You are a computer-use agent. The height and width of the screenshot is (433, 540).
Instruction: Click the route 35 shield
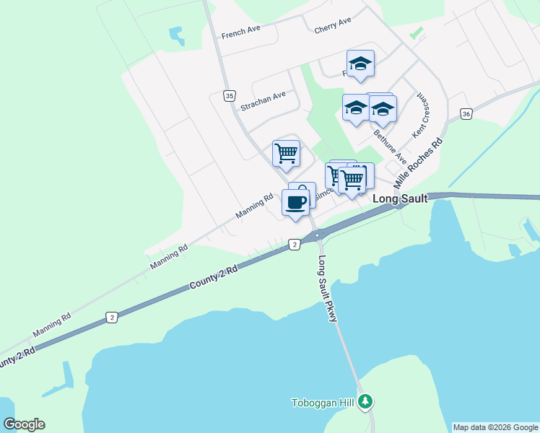pos(230,95)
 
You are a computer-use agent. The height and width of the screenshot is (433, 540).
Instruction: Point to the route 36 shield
pos(466,114)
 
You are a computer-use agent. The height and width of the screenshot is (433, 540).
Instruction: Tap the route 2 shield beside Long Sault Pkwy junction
pos(295,245)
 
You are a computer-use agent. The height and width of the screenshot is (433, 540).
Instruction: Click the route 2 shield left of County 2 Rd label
pos(111,317)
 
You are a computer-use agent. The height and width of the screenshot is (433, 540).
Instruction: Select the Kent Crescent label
pos(420,116)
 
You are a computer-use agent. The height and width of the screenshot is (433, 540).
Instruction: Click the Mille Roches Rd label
pos(418,163)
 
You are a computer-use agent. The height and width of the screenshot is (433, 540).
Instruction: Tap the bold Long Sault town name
pos(401,198)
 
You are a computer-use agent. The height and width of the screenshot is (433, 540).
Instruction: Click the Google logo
pos(24,424)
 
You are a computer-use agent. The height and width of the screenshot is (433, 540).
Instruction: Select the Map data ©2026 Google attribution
pos(495,427)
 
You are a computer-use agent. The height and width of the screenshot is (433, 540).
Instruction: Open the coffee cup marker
pos(295,202)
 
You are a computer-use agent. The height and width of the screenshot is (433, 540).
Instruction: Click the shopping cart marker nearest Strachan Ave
pos(287,152)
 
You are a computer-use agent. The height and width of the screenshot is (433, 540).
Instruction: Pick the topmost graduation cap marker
pos(360,63)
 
